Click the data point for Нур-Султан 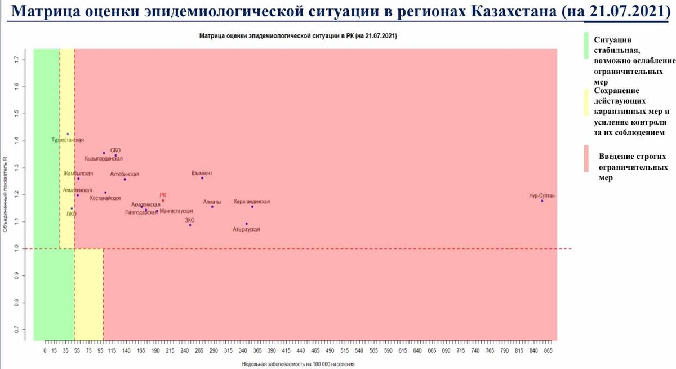[x=542, y=201]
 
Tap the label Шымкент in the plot [x=202, y=173]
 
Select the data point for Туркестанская [x=68, y=134]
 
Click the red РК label [x=163, y=195]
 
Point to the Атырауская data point [x=246, y=224]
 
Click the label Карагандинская [x=252, y=201]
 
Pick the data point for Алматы [x=212, y=207]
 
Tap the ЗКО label [x=190, y=220]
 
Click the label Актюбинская [x=124, y=174]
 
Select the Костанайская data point [x=105, y=193]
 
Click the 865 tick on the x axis [x=548, y=350]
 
